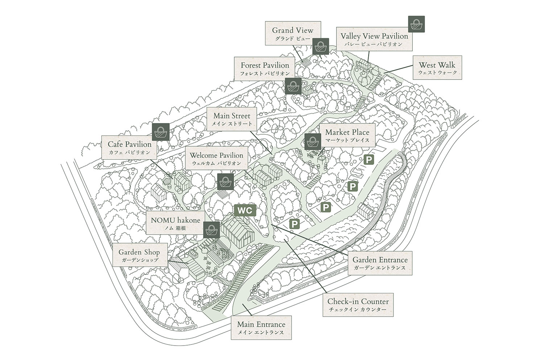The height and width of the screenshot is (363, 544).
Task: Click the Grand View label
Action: (x=292, y=33)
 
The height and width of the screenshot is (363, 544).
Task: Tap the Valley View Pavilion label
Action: (x=374, y=39)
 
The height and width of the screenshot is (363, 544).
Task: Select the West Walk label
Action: (x=437, y=68)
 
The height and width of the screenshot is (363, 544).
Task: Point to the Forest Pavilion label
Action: (x=265, y=68)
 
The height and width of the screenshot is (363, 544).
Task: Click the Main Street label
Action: (x=232, y=119)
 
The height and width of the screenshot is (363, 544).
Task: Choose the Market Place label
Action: (x=347, y=135)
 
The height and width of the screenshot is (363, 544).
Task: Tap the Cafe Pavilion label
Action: (x=129, y=148)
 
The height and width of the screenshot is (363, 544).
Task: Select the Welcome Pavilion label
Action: (x=217, y=158)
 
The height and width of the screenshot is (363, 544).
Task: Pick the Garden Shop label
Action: (x=139, y=256)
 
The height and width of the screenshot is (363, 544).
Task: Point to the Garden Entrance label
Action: (x=380, y=263)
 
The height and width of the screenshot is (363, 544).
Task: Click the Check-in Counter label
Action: (x=358, y=305)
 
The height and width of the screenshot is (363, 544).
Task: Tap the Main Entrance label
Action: (x=261, y=328)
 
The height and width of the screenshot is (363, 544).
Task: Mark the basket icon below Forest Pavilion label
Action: (x=293, y=86)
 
